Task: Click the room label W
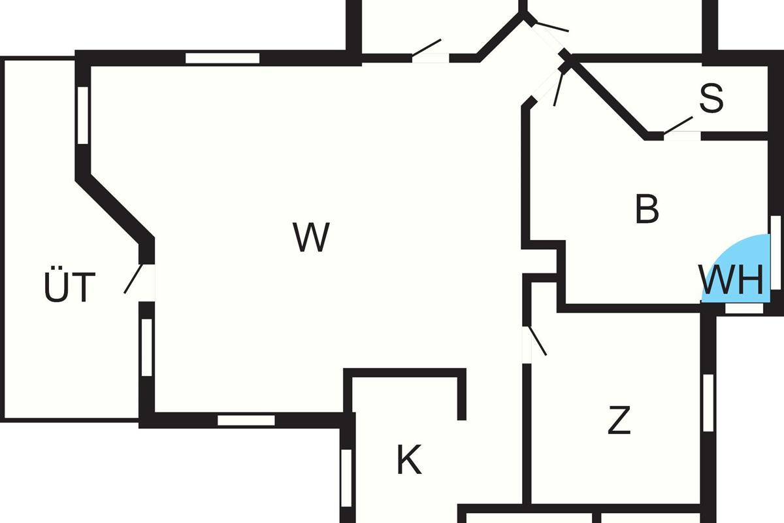311,237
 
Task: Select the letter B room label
647,209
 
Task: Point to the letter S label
711,97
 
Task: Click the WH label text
731,280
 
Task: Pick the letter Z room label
619,420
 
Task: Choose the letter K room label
409,459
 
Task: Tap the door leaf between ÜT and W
133,278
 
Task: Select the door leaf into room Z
538,341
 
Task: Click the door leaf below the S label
678,126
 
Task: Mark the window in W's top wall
223,58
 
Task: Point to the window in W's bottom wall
246,420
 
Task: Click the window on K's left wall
346,478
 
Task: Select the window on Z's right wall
708,403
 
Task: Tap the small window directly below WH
744,309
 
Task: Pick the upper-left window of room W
83,115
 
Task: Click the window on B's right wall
776,252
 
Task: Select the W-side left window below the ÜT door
147,348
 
